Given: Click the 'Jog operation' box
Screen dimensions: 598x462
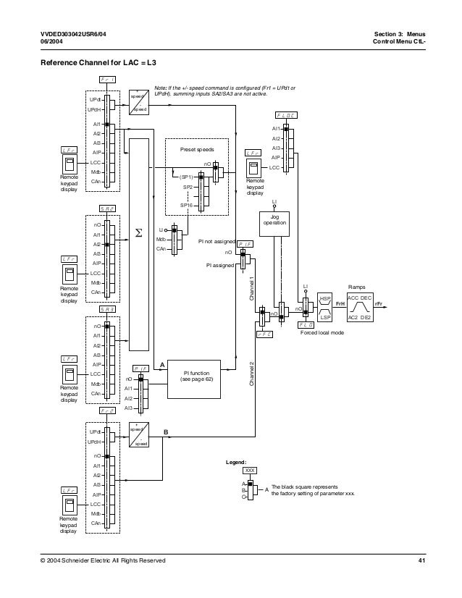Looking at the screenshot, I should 274,220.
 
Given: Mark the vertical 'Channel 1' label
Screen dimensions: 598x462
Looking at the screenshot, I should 252,288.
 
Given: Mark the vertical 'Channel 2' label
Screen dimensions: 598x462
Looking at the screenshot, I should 252,373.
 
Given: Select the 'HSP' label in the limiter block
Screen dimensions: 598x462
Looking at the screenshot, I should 324,298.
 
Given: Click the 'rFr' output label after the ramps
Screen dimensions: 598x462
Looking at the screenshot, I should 378,307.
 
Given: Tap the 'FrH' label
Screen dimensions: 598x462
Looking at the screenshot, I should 339,307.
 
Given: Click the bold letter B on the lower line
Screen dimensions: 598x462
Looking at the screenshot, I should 166,431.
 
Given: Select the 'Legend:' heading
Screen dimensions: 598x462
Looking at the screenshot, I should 237,461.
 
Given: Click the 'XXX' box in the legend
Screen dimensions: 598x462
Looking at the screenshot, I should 250,471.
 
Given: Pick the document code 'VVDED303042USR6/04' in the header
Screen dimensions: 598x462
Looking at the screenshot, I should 76,34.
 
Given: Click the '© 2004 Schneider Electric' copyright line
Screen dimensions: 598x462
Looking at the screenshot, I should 103,561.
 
